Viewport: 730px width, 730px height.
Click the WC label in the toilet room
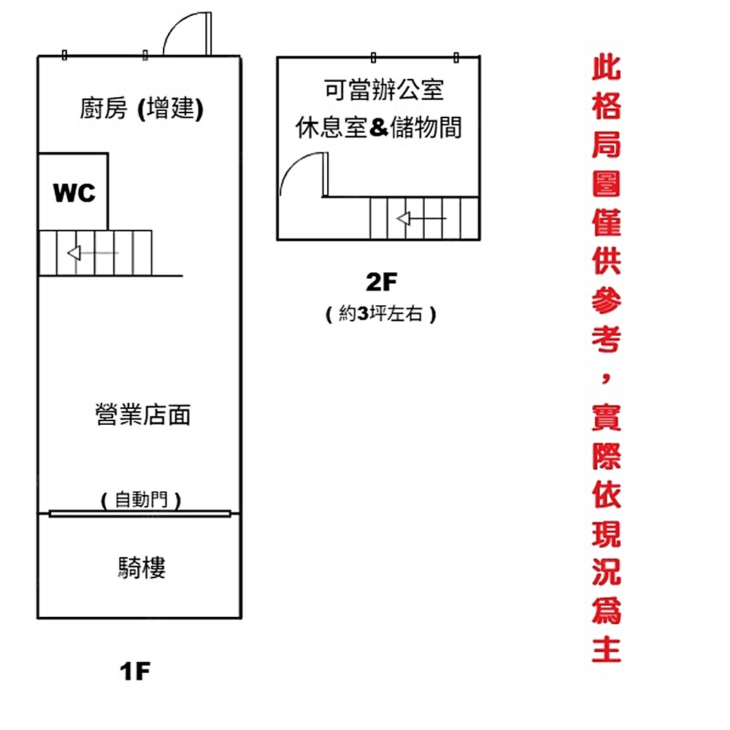(x=74, y=193)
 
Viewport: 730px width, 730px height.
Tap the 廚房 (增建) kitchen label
(x=141, y=109)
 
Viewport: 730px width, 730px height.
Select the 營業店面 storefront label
(x=143, y=415)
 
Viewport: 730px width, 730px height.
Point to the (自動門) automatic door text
(x=140, y=500)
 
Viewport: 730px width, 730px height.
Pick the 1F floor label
(x=135, y=671)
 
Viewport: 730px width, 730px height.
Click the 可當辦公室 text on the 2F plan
(x=384, y=91)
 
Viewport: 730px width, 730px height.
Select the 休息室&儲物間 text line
(x=379, y=128)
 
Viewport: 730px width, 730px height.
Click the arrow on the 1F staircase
(x=92, y=253)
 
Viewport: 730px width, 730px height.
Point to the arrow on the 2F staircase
(x=420, y=218)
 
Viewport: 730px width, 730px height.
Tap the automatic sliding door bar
(x=139, y=514)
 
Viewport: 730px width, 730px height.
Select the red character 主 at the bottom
(x=607, y=648)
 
